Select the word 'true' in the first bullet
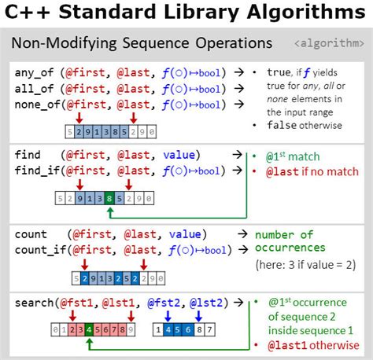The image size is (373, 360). [x=280, y=72]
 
